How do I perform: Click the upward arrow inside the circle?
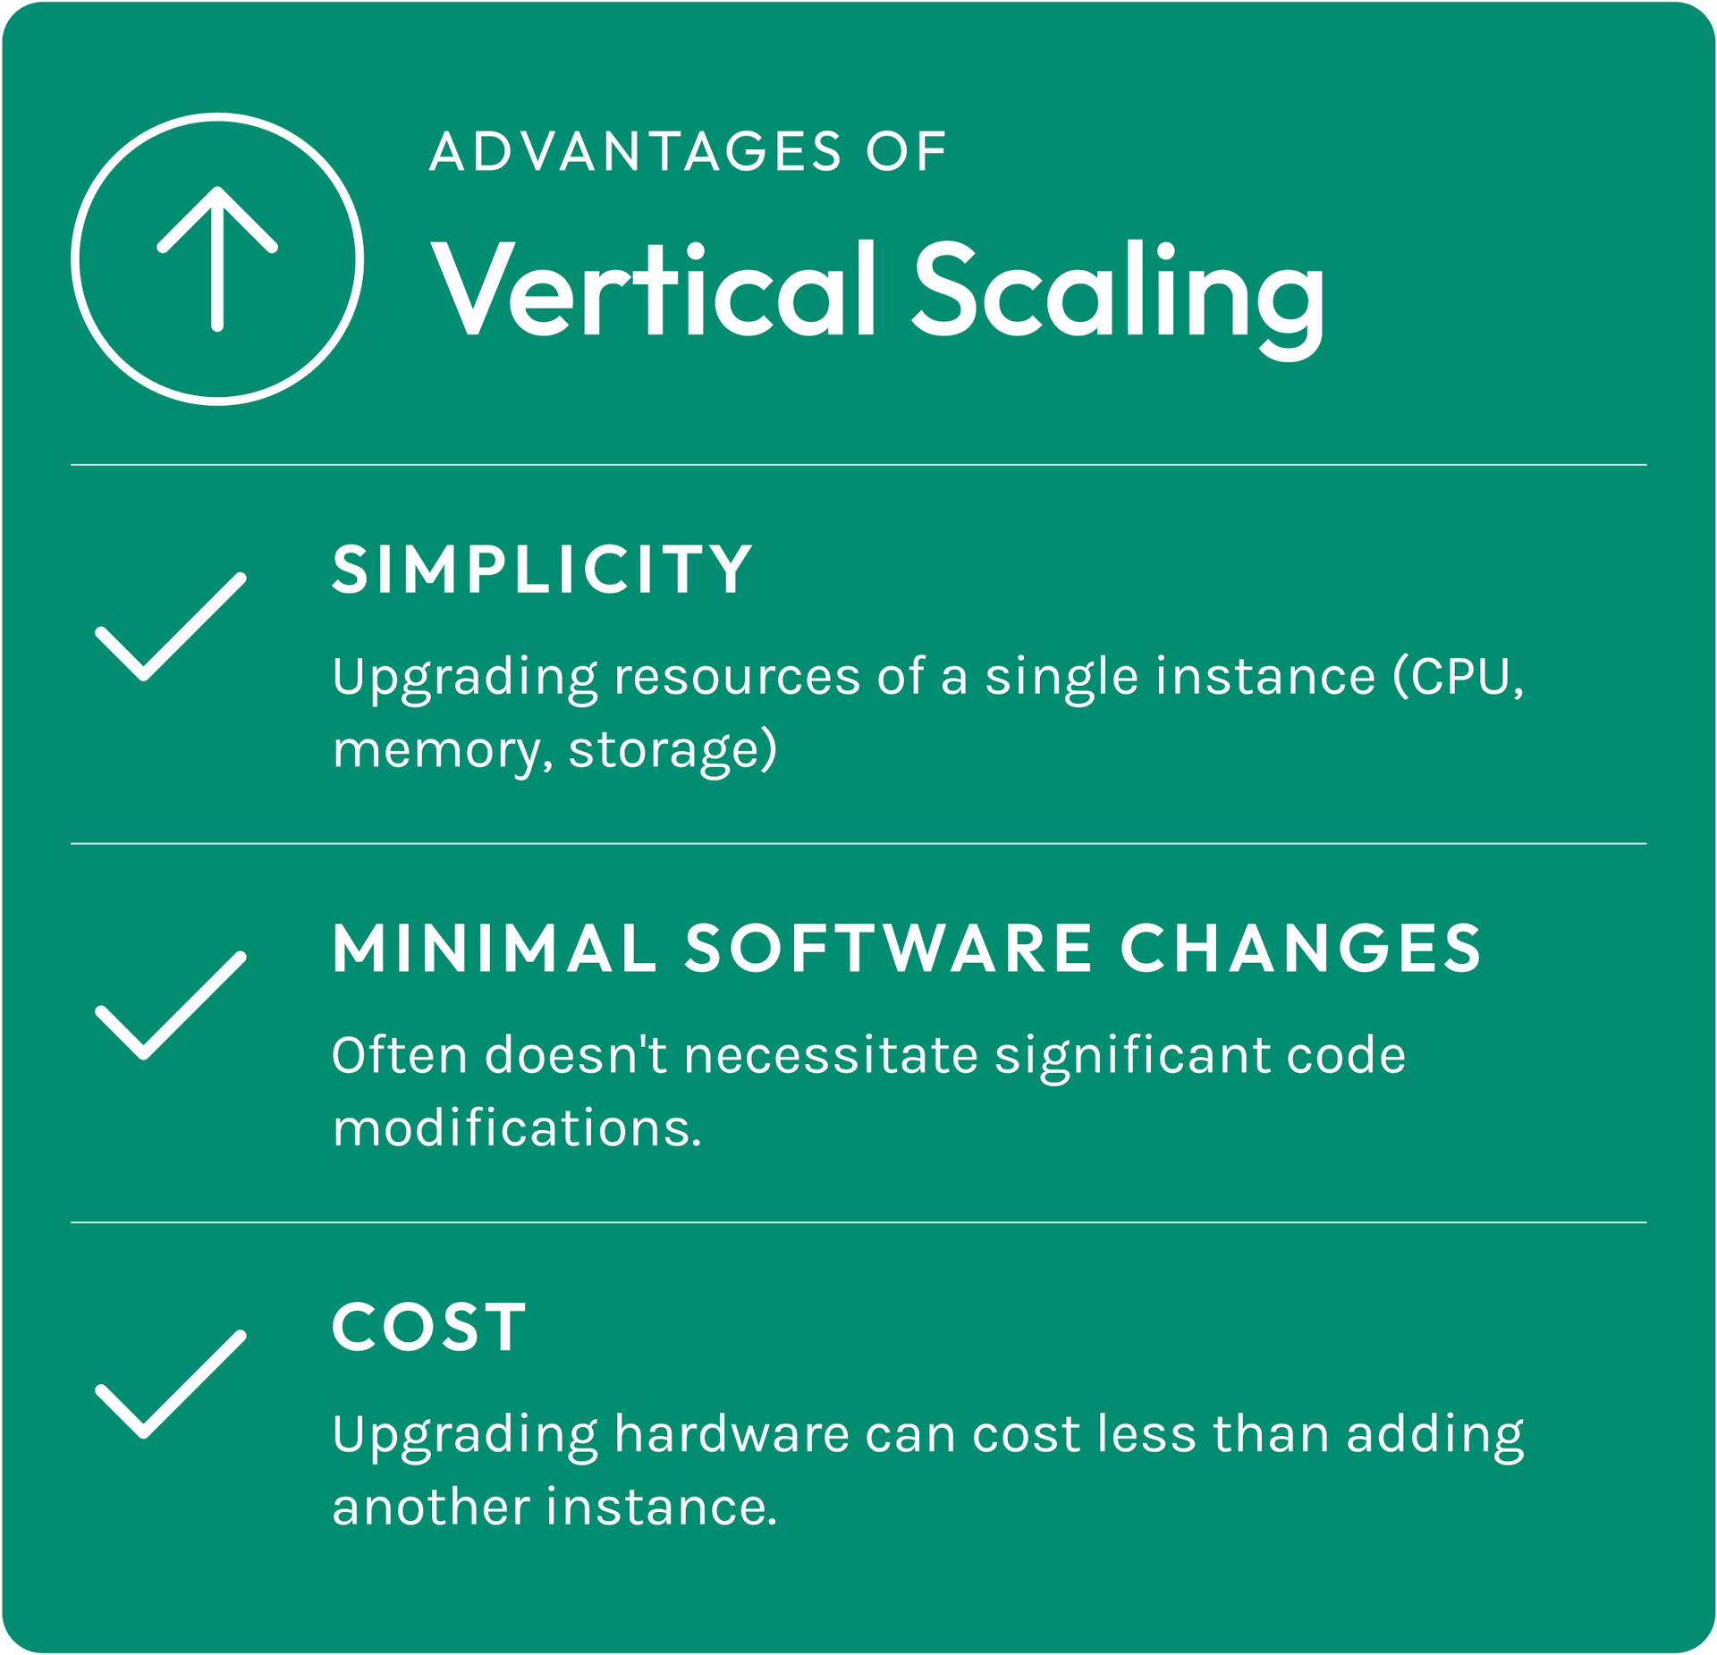click(217, 259)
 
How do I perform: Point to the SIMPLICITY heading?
click(543, 569)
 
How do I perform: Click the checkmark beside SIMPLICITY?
click(171, 626)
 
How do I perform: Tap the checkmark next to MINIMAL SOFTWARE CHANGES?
click(171, 1005)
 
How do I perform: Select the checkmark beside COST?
click(171, 1384)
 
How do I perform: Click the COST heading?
click(429, 1327)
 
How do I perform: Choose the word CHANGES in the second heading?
click(1301, 948)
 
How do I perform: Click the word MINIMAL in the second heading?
click(495, 948)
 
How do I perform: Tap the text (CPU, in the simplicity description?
click(1459, 677)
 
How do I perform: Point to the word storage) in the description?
click(672, 749)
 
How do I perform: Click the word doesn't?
click(576, 1055)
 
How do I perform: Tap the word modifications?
click(517, 1127)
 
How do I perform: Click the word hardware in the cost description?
click(732, 1434)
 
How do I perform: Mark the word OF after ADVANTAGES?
click(906, 151)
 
